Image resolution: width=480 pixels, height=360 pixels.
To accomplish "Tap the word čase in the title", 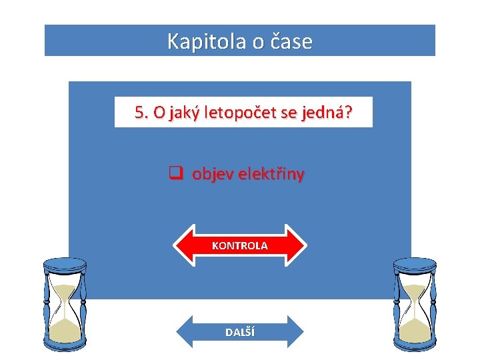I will tap(292, 41).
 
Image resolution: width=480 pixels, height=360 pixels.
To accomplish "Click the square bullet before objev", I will tap(175, 175).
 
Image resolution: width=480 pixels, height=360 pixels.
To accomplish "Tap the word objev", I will tap(209, 175).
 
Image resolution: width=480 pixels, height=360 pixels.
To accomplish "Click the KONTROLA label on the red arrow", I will tap(240, 246).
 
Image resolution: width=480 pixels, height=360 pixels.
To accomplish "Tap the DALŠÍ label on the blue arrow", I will tap(240, 332).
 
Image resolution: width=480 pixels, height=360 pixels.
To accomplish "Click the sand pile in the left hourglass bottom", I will tap(65, 330).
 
